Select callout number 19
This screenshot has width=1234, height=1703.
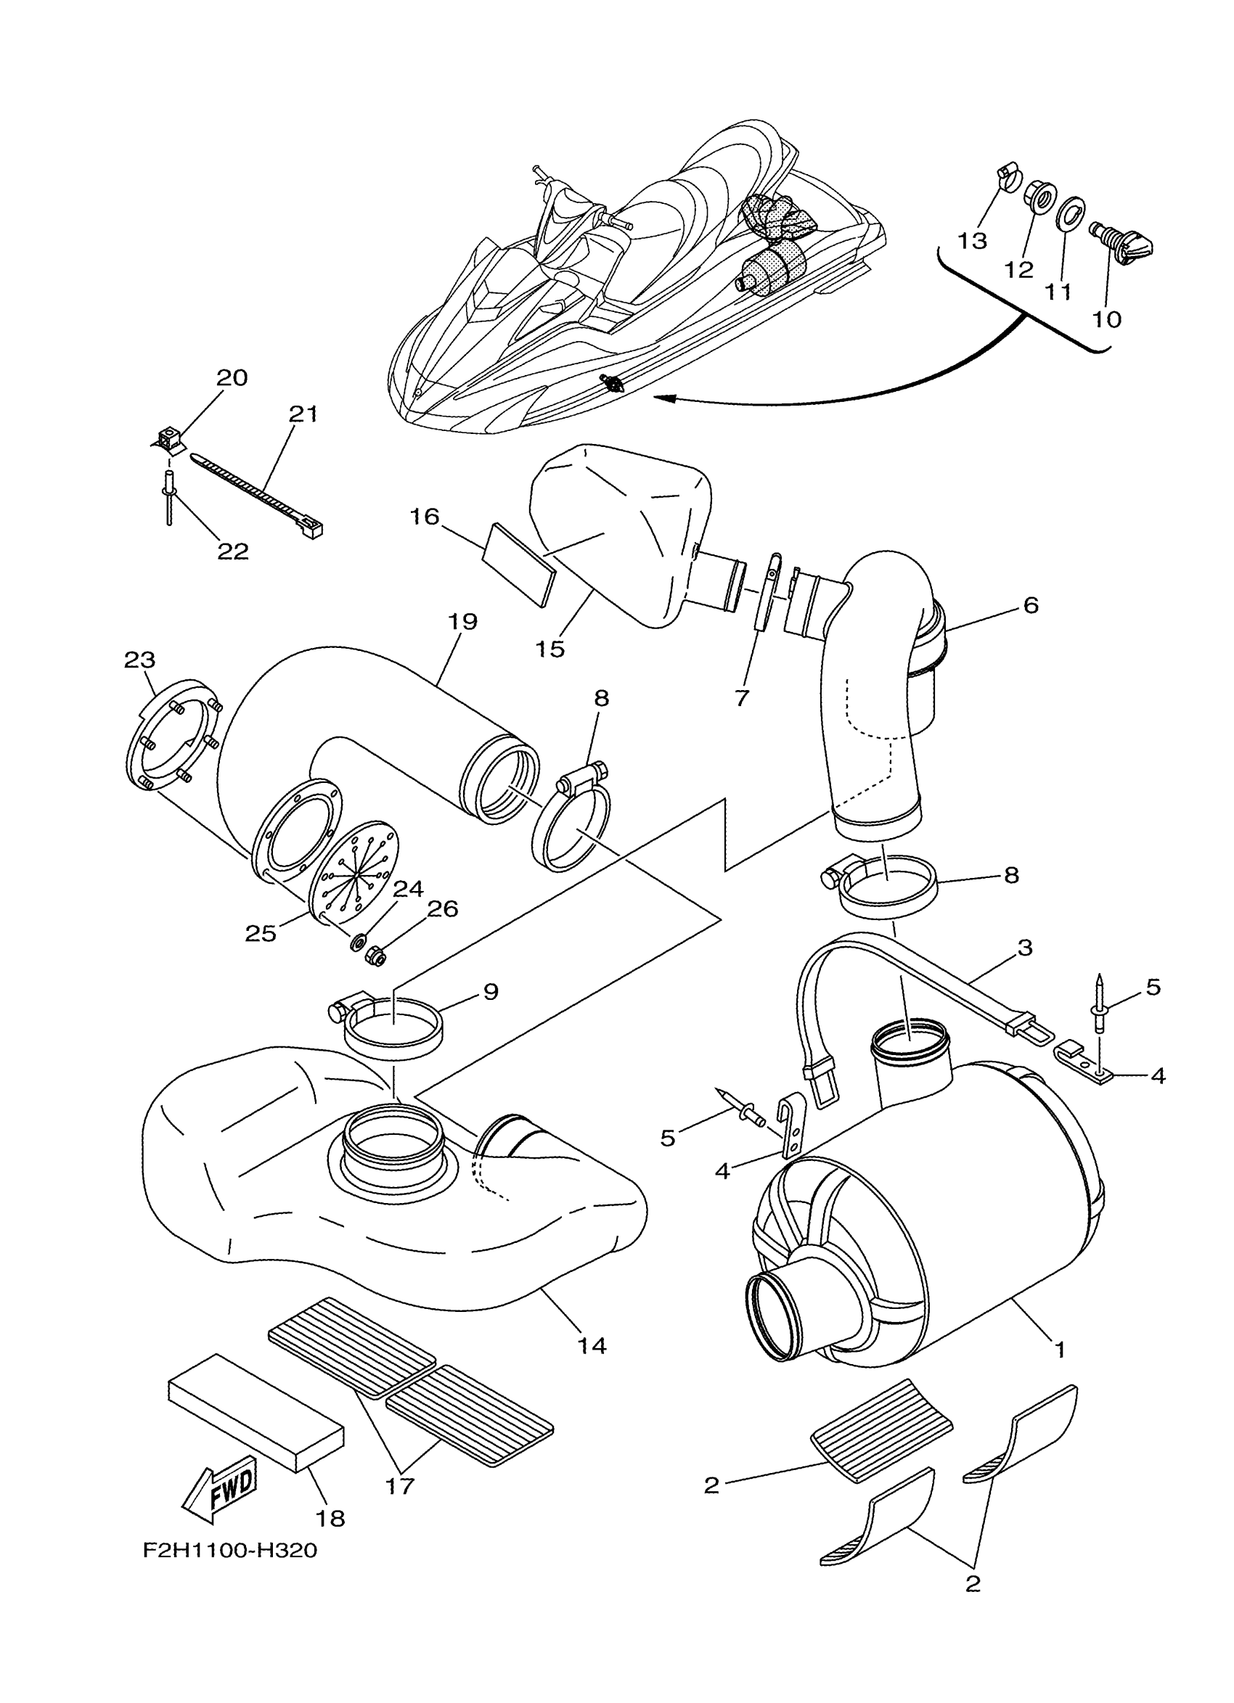(464, 622)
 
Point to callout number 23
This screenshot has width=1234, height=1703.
(139, 660)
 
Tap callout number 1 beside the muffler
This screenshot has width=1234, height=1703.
(1060, 1350)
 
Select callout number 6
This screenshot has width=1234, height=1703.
(1031, 604)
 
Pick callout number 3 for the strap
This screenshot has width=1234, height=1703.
(1025, 947)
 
